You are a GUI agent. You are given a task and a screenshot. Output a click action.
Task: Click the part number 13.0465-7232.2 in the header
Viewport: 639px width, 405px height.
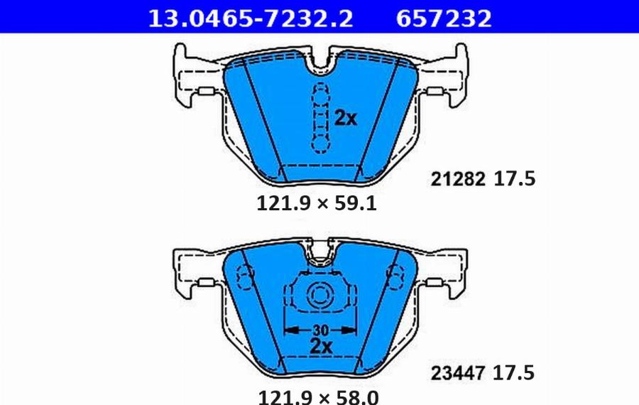coord(249,17)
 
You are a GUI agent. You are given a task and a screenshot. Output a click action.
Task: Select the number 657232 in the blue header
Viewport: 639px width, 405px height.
coord(442,17)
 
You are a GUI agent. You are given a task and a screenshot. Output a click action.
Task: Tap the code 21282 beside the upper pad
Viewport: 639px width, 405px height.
coord(459,180)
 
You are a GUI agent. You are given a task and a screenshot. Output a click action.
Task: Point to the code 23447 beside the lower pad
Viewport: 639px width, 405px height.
coord(459,372)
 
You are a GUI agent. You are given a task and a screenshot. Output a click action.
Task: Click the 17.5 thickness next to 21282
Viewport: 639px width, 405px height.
coord(515,180)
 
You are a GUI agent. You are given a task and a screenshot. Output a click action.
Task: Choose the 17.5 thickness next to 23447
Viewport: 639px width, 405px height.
coord(515,372)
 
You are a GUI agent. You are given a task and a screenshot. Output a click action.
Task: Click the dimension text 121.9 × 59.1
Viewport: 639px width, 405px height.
coord(315,205)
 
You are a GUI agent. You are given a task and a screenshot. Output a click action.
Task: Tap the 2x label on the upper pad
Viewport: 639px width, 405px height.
coord(346,119)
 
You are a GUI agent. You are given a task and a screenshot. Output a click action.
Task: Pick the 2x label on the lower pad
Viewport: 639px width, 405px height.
coord(321,347)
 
